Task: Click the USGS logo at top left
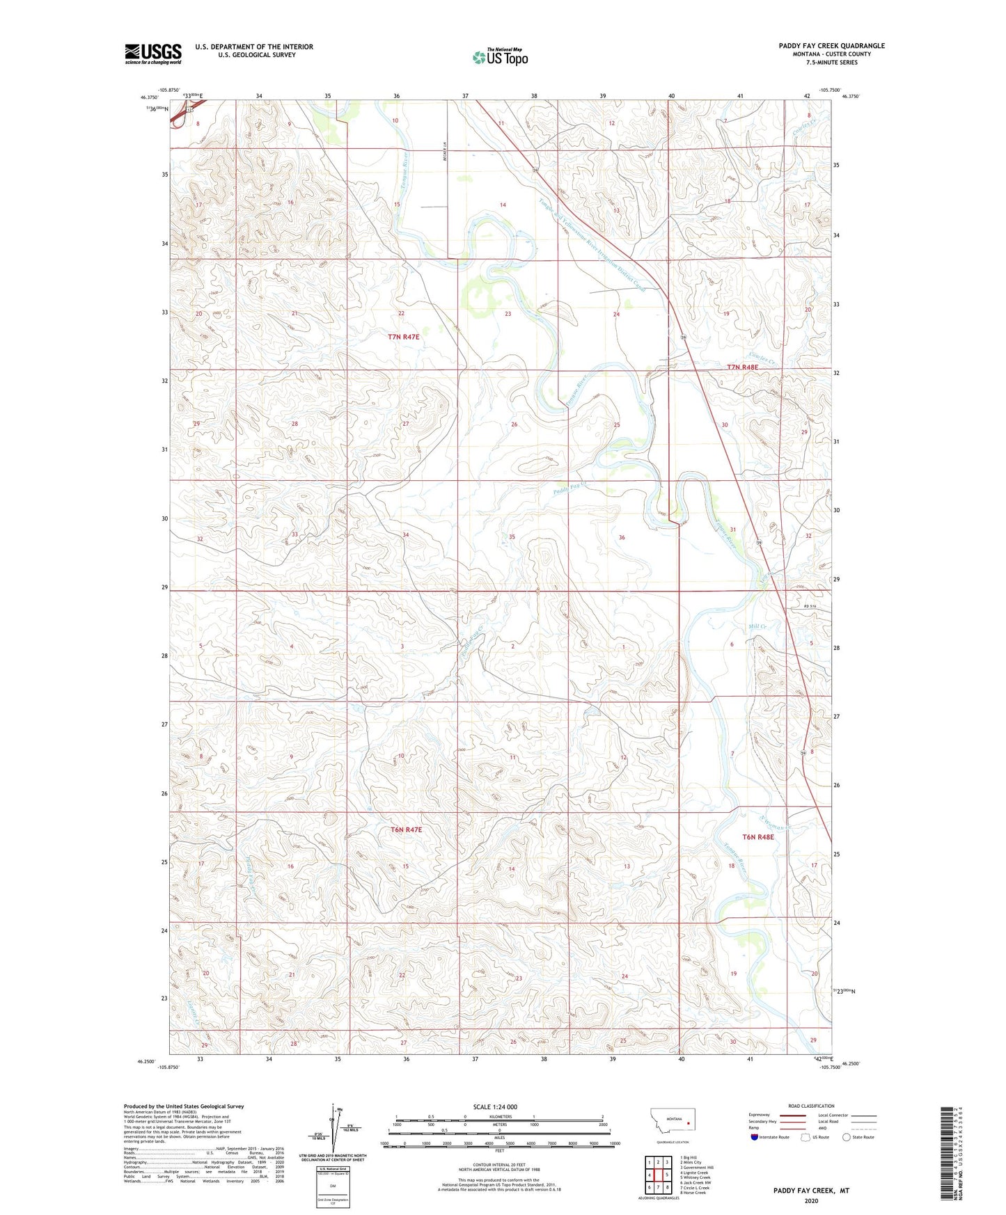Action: click(152, 54)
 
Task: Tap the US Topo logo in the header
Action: click(500, 57)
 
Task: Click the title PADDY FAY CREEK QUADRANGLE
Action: click(831, 46)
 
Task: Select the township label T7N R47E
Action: click(404, 337)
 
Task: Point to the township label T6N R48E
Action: click(757, 837)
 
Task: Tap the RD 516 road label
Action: click(808, 607)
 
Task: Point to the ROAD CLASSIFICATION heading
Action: click(811, 1106)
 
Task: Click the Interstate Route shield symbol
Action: click(755, 1138)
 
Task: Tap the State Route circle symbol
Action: click(847, 1138)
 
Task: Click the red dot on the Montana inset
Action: click(688, 1122)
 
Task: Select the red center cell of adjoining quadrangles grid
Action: click(658, 1175)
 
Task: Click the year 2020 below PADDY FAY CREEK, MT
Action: click(811, 1200)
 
